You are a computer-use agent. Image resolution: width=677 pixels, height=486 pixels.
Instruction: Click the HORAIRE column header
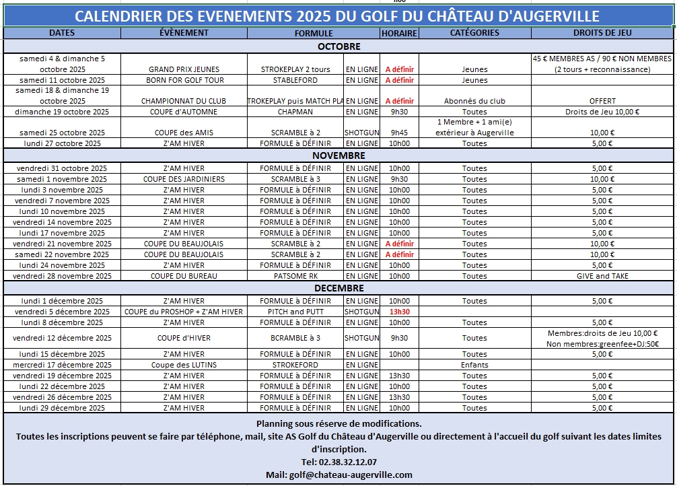pos(399,33)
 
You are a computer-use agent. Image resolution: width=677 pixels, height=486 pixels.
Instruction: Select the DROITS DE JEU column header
pos(602,32)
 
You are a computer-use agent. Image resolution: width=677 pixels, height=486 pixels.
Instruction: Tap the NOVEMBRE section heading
pos(339,155)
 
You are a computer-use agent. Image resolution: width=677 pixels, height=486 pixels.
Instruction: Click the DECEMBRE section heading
pos(339,288)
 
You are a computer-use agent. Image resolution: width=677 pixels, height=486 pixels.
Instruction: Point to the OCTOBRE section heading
pos(339,46)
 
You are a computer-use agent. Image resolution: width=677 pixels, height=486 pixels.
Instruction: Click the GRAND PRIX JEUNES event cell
pos(184,69)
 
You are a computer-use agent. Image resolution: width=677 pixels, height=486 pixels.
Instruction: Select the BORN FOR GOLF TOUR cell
pos(184,80)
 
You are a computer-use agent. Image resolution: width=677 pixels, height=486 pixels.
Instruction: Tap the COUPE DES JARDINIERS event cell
pos(184,179)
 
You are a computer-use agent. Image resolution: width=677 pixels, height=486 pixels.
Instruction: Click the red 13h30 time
pos(400,312)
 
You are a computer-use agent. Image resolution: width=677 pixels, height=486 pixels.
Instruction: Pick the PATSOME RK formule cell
pos(295,276)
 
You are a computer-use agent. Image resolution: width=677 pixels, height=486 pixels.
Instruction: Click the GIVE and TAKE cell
pos(602,276)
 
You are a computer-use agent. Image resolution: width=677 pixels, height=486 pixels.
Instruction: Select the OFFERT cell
pos(602,101)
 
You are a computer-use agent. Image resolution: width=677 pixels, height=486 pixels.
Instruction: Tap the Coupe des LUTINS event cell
pos(184,365)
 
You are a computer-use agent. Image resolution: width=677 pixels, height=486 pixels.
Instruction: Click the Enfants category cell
pos(474,365)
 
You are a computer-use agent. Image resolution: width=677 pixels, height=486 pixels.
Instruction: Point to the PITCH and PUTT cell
pos(295,312)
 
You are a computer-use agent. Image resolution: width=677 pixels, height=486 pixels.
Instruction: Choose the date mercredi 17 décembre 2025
pos(62,365)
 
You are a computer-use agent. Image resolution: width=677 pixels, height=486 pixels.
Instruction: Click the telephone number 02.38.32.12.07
pos(339,462)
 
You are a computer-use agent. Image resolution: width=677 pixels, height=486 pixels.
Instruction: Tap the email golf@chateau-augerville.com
pos(339,475)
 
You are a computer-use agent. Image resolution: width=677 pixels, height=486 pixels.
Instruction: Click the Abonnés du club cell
pos(474,101)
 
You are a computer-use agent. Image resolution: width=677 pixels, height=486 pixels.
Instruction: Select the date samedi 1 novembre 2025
pos(62,179)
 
